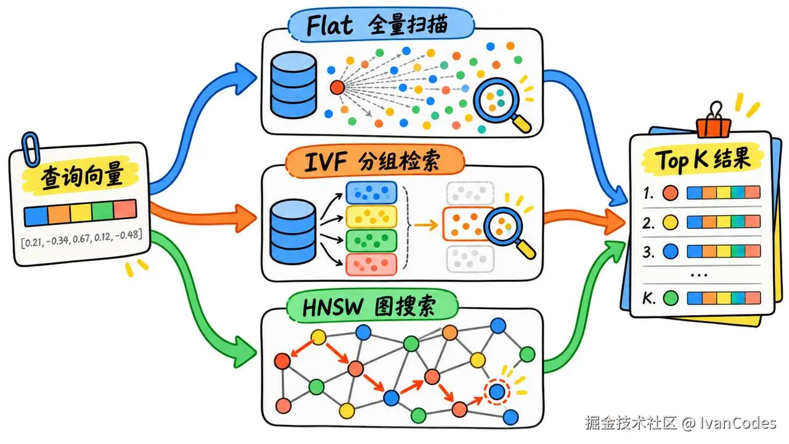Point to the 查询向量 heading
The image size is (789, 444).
click(x=82, y=175)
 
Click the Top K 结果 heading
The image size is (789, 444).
click(x=703, y=159)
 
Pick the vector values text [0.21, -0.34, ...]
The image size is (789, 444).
click(x=82, y=239)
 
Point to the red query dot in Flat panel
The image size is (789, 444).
click(x=337, y=87)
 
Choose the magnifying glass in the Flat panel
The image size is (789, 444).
click(x=502, y=105)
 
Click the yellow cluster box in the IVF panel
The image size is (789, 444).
click(x=371, y=216)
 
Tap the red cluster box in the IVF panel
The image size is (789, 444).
click(x=371, y=265)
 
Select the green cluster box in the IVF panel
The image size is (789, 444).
click(x=371, y=240)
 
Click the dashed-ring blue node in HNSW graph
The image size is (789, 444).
click(x=497, y=392)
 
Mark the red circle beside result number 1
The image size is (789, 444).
click(x=670, y=193)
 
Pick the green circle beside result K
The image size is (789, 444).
click(x=671, y=298)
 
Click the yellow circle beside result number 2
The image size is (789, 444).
click(x=670, y=223)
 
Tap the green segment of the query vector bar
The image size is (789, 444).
click(x=102, y=212)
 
